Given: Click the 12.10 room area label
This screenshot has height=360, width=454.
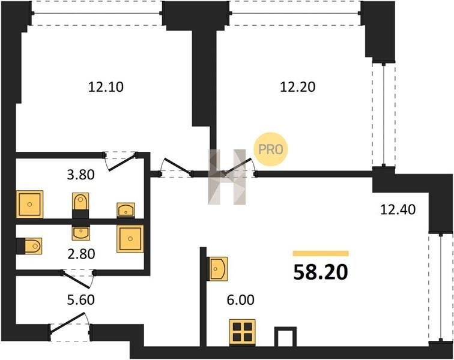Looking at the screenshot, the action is click(106, 87).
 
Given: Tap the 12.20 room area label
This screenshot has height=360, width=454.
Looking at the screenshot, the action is click(298, 87).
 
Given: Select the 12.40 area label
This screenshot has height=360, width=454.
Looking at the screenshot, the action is click(398, 209).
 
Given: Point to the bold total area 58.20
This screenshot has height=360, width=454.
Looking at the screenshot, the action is click(321, 272).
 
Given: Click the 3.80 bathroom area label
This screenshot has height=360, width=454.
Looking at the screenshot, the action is click(81, 175).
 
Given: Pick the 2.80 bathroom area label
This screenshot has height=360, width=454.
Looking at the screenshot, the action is click(81, 254).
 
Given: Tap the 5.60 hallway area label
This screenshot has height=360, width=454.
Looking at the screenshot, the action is click(81, 300).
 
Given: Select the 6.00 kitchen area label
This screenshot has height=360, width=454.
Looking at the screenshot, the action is click(241, 300).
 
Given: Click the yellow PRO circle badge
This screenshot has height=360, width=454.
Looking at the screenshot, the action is click(271, 149).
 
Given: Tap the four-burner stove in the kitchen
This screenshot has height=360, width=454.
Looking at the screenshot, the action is click(243, 332).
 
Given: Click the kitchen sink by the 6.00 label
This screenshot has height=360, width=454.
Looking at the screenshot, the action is click(217, 269).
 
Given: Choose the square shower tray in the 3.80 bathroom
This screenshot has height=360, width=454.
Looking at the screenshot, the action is click(29, 204).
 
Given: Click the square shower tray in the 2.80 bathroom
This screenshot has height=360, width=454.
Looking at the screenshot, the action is click(130, 239).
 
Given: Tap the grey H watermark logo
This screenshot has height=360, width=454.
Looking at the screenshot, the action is click(227, 177).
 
